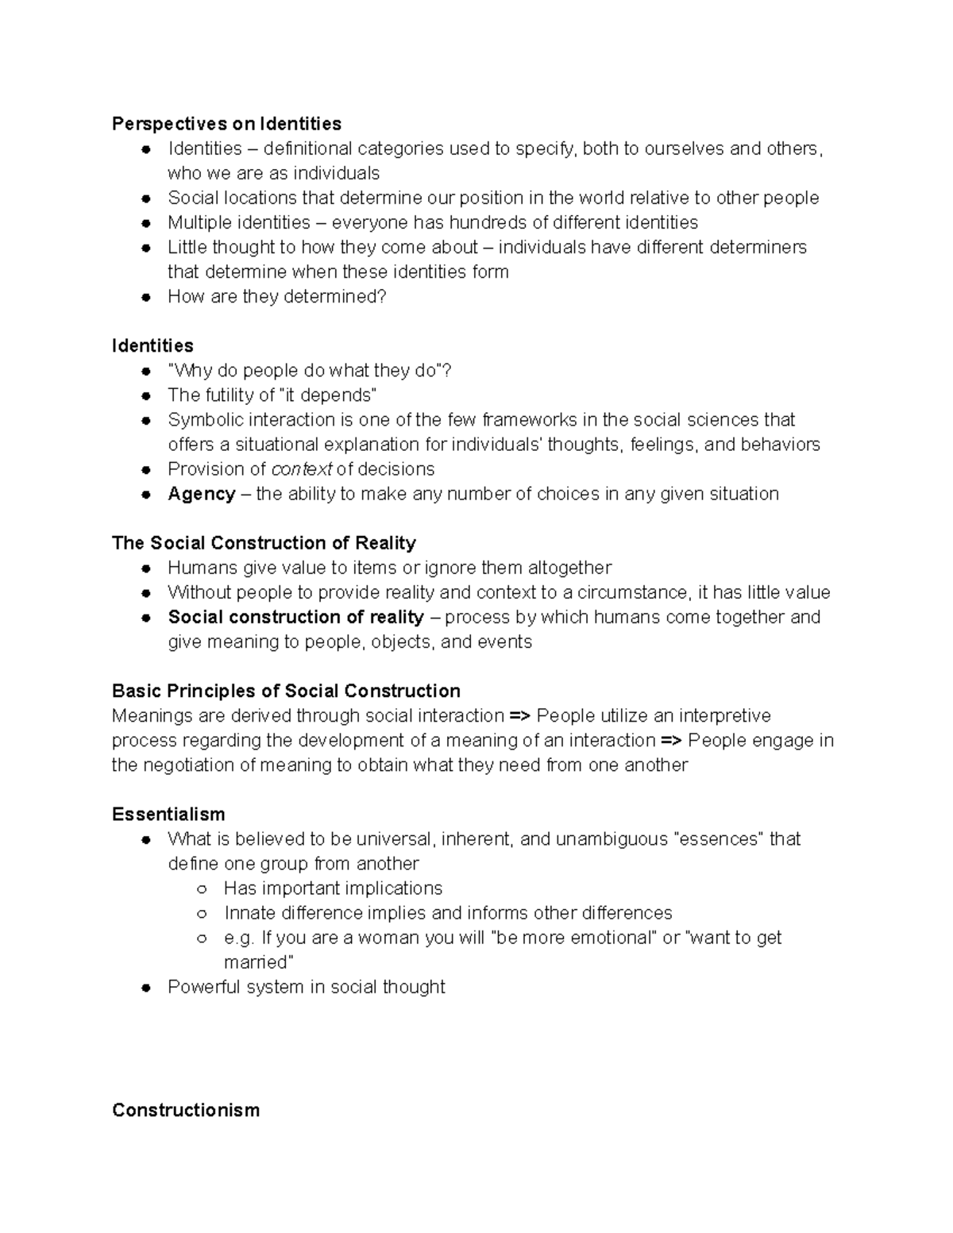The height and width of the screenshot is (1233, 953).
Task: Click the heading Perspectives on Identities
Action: pyautogui.click(x=226, y=124)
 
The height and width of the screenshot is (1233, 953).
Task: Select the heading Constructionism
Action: pyautogui.click(x=186, y=1110)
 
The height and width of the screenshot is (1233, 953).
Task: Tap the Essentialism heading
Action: pyautogui.click(x=168, y=815)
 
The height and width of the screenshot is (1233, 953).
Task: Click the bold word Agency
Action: pyautogui.click(x=202, y=494)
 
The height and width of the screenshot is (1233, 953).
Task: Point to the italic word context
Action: pyautogui.click(x=301, y=469)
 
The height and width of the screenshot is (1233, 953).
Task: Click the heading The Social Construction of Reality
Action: pyautogui.click(x=264, y=543)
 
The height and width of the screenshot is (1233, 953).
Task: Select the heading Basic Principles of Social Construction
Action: pyautogui.click(x=286, y=691)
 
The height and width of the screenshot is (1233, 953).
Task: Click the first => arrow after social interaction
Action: pyautogui.click(x=520, y=716)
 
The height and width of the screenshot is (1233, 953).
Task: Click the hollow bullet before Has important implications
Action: pyautogui.click(x=202, y=889)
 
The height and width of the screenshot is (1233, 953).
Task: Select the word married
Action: pyautogui.click(x=258, y=962)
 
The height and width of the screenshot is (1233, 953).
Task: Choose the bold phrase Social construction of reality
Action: pyautogui.click(x=295, y=617)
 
